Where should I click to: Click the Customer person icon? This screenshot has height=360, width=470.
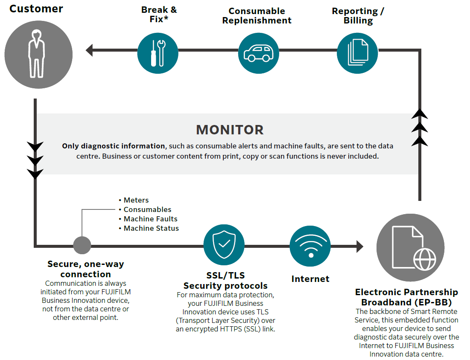point(36,52)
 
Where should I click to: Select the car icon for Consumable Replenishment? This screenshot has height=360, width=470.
point(258,52)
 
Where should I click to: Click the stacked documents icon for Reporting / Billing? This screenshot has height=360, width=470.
point(357,52)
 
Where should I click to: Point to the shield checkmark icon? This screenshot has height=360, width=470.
point(224,245)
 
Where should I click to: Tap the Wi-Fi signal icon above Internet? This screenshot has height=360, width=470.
point(310,247)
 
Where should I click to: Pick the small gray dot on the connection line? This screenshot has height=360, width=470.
point(82,245)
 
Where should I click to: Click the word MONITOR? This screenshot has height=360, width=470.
point(230,130)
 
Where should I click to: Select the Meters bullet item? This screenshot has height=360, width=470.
point(136,200)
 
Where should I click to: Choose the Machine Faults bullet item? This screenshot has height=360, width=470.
point(150,219)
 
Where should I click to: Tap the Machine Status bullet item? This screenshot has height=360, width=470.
point(151,228)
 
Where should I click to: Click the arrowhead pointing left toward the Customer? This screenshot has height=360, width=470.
point(89,50)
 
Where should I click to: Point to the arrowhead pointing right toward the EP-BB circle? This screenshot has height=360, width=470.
point(359,246)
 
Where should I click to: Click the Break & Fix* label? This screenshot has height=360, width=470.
point(159,15)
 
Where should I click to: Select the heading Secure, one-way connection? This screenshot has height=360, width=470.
point(85,269)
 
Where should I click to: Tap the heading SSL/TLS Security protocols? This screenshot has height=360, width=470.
point(225,280)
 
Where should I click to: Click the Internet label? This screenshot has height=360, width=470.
point(310,279)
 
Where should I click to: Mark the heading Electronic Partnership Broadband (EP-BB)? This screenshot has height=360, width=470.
point(406,297)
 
